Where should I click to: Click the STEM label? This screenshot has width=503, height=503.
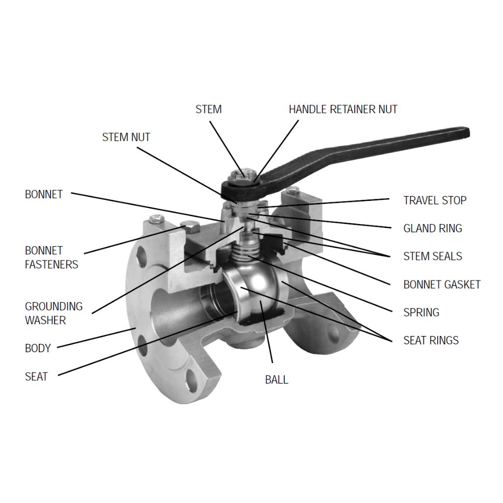pyautogui.click(x=208, y=109)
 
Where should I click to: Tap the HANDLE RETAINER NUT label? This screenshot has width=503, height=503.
pyautogui.click(x=343, y=109)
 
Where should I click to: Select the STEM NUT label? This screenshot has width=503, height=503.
pyautogui.click(x=126, y=137)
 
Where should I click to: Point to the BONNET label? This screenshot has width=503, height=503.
pyautogui.click(x=44, y=195)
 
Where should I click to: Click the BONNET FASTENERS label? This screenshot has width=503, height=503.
pyautogui.click(x=51, y=257)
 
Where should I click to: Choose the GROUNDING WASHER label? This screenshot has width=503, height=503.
pyautogui.click(x=54, y=313)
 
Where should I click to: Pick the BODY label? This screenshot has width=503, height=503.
pyautogui.click(x=38, y=348)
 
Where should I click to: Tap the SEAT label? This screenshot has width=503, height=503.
pyautogui.click(x=36, y=377)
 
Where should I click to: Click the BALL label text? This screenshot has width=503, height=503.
pyautogui.click(x=277, y=380)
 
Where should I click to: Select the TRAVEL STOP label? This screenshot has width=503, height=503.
pyautogui.click(x=435, y=200)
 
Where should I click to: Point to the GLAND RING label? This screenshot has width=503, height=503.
pyautogui.click(x=432, y=228)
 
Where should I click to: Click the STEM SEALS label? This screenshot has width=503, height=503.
pyautogui.click(x=432, y=256)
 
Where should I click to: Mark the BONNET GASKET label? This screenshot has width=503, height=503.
pyautogui.click(x=442, y=284)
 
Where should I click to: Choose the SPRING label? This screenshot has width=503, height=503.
pyautogui.click(x=421, y=312)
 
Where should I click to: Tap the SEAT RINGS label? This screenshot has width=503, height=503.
pyautogui.click(x=431, y=340)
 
